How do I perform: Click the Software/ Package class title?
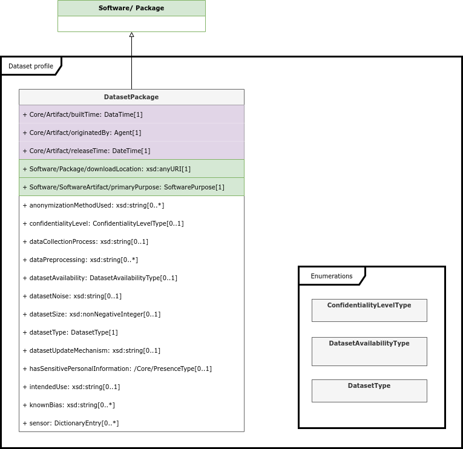tap(131, 8)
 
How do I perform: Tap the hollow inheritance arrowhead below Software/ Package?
tap(132, 34)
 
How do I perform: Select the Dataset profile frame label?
tap(31, 66)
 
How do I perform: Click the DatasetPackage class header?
tap(131, 97)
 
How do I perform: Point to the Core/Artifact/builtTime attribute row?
tap(83, 114)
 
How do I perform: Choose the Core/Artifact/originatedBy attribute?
tap(82, 133)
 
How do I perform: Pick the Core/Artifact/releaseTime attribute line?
tap(87, 151)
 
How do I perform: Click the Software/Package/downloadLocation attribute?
tap(107, 169)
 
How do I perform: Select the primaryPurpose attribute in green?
tap(123, 187)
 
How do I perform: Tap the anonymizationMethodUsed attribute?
tap(93, 206)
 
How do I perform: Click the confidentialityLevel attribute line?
tap(103, 223)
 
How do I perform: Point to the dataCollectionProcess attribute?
tap(85, 242)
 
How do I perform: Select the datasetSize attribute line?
tap(91, 315)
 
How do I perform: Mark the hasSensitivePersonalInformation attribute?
tap(117, 369)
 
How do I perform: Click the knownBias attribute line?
tap(69, 405)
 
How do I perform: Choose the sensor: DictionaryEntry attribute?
tap(71, 424)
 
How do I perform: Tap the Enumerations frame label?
tap(332, 276)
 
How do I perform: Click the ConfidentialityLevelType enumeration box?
tap(369, 310)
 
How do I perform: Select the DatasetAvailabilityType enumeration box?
tap(369, 352)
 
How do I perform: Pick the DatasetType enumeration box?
tap(369, 391)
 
